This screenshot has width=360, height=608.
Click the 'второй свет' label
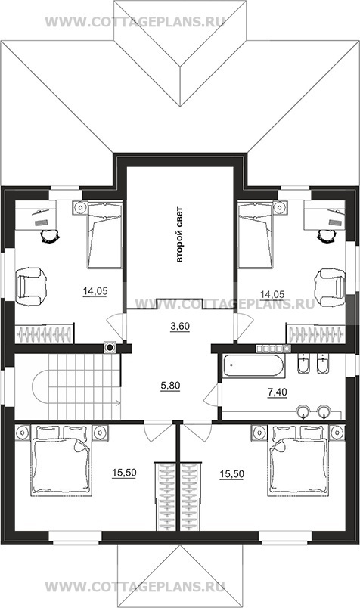[179, 235]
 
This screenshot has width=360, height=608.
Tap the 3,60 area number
[180, 326]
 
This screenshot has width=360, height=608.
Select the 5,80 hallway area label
[170, 386]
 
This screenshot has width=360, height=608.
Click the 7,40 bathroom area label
[277, 392]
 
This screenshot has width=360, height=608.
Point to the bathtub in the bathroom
[253, 365]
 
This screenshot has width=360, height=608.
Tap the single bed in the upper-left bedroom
[104, 234]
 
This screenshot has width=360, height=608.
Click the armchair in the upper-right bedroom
[331, 287]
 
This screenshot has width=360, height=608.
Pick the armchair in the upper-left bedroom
[31, 287]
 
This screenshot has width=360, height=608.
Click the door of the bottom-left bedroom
[158, 431]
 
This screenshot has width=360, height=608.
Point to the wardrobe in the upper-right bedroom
[315, 333]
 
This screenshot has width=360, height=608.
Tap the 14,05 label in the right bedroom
[272, 295]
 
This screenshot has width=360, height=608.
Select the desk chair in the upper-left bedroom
[50, 235]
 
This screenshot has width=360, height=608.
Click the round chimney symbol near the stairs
[110, 347]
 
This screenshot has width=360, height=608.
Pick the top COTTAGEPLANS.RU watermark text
[135, 21]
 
